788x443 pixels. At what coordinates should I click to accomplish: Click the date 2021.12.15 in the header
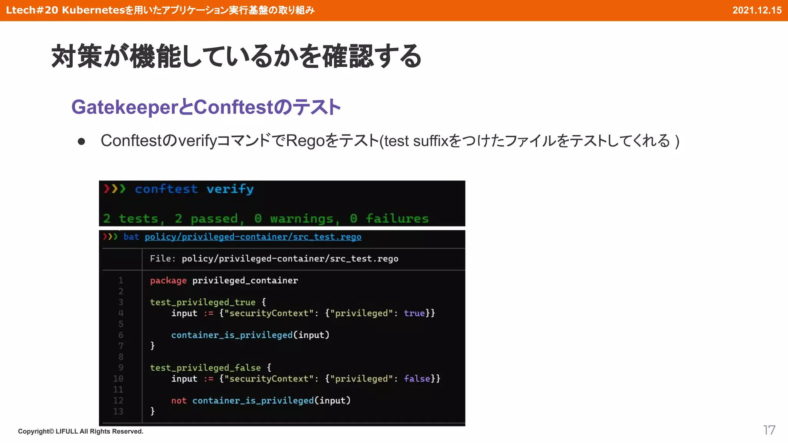point(756,10)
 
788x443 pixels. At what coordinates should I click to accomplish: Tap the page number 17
point(769,430)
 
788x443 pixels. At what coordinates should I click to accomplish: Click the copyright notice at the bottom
point(80,431)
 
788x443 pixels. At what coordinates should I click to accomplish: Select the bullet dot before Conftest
point(81,142)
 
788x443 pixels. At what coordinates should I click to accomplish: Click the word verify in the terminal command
point(230,189)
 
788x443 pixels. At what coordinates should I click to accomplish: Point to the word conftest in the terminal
point(166,189)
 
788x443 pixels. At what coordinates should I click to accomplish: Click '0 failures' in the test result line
point(389,218)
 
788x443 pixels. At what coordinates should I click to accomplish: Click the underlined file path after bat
point(253,236)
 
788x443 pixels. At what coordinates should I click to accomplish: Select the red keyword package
point(168,280)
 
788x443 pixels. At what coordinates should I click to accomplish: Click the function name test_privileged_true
point(202,302)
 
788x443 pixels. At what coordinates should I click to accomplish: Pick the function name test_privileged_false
point(205,368)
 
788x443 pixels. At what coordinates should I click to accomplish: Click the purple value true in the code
point(414,313)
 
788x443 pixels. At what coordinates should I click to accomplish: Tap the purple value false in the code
point(417,378)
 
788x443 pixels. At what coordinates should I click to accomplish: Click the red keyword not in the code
point(179,400)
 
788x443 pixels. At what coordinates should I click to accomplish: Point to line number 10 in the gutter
point(118,378)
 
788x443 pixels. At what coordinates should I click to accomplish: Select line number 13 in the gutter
point(118,411)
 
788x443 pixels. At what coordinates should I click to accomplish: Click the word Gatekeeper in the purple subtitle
point(124,107)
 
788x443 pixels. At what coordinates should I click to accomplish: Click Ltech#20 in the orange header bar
point(32,10)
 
